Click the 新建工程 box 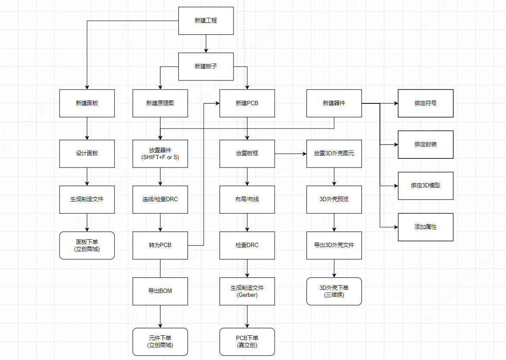point(206,21)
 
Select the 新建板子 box point(206,67)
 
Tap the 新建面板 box point(87,103)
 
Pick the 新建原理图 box point(160,103)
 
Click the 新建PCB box point(247,103)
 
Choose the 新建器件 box point(334,103)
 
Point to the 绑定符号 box point(425,103)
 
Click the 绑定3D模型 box point(425,186)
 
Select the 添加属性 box point(425,227)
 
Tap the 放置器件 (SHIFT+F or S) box point(160,154)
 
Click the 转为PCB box point(160,245)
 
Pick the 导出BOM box point(160,291)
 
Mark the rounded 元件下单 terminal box point(160,341)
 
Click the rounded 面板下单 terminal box point(87,245)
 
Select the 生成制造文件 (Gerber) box point(247,291)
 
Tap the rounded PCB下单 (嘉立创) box point(247,341)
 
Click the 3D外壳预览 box point(334,199)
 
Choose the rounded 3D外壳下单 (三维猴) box point(334,291)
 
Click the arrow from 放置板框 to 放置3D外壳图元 point(291,154)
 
